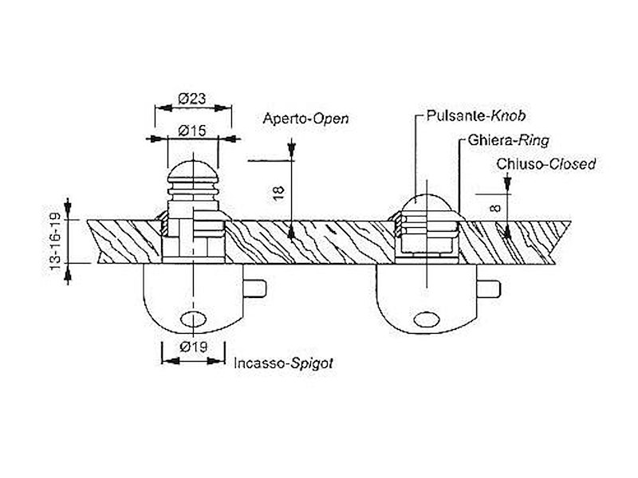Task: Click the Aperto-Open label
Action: point(305,119)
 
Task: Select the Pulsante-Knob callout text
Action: point(465,115)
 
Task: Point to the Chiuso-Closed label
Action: point(545,164)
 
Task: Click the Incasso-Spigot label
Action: point(283,362)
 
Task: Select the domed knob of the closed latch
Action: point(429,202)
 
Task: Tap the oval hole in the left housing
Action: point(194,319)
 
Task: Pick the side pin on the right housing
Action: point(487,286)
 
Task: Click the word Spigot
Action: point(312,362)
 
